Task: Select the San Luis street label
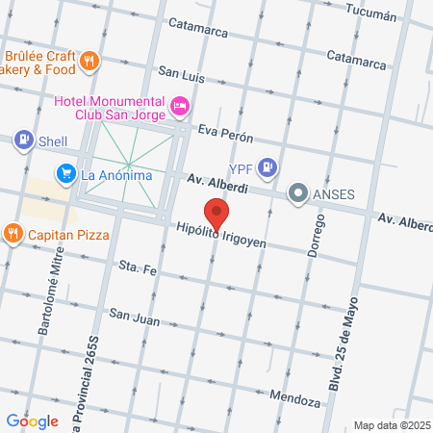(x=182, y=73)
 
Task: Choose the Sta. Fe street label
(x=137, y=267)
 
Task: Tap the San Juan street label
(x=133, y=314)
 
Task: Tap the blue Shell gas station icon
(x=21, y=140)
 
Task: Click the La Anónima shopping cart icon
(x=65, y=174)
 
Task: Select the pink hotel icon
(x=179, y=104)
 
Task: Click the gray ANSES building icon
(x=298, y=193)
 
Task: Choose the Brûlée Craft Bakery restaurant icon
(x=89, y=61)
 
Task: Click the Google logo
(x=32, y=420)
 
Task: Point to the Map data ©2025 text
(x=390, y=425)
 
